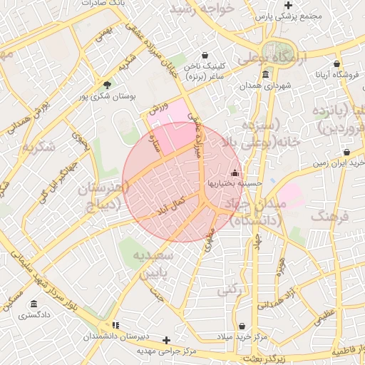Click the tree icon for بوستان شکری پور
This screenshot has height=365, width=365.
(x=108, y=83)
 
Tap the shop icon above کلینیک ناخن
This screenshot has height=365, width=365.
(x=205, y=55)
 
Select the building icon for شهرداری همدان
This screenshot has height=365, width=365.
(x=265, y=75)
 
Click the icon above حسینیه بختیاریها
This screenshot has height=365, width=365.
(x=235, y=173)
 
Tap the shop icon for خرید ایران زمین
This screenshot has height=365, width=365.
(x=346, y=152)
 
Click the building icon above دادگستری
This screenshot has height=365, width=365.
(x=32, y=304)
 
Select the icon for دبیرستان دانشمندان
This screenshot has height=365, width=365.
(x=116, y=325)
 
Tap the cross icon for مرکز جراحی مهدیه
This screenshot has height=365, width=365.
(x=167, y=340)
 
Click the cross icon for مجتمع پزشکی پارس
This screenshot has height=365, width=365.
(x=288, y=5)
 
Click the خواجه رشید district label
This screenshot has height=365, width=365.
(x=207, y=9)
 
